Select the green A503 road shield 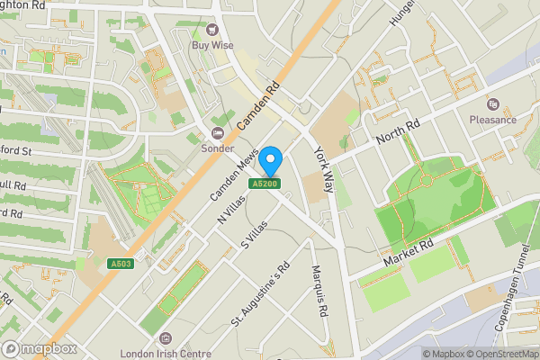point(125,264)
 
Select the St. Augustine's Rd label point(261,294)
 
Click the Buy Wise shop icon point(213,30)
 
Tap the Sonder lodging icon point(217,132)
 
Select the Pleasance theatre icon point(492,103)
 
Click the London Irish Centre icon point(165,338)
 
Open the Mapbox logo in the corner point(39,348)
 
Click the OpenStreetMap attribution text point(500,354)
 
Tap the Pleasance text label point(492,120)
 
